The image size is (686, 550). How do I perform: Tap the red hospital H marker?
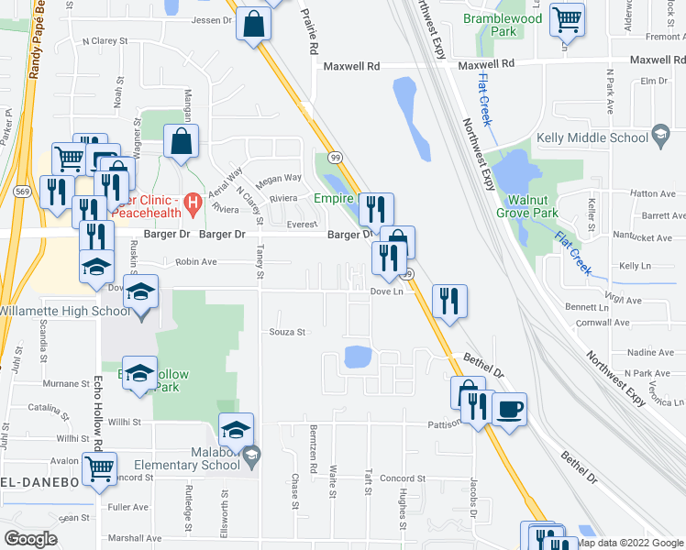[193, 203]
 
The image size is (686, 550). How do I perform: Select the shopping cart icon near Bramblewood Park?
[567, 18]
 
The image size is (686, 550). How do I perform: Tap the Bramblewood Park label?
[503, 25]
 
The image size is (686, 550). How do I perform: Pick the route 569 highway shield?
[22, 192]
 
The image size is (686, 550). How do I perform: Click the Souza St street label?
[286, 332]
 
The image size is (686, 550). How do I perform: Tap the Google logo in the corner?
[31, 539]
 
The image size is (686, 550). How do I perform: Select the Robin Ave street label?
[195, 261]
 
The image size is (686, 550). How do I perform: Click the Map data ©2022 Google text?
[629, 543]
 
